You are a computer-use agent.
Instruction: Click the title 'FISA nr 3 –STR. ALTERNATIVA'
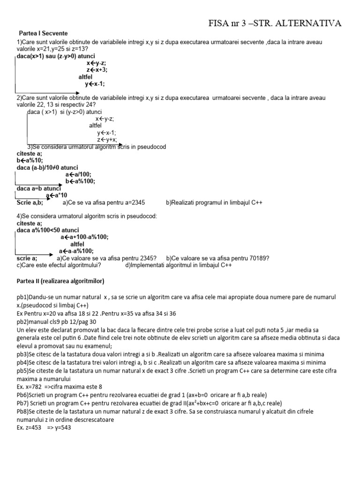275,23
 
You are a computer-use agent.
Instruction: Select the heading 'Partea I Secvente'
43,34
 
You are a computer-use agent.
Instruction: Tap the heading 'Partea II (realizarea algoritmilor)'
60,281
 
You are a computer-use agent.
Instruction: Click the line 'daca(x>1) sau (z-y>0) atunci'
56,56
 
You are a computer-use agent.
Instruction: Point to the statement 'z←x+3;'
97,70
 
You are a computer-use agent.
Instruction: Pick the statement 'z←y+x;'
107,140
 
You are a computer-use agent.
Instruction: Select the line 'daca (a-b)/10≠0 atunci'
47,167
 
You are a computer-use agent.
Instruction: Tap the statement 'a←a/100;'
79,174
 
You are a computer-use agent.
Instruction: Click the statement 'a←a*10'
57,195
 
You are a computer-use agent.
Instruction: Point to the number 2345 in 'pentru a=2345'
136,202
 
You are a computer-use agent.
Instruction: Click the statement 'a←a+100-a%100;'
84,237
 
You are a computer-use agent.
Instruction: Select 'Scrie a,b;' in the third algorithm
30,202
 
